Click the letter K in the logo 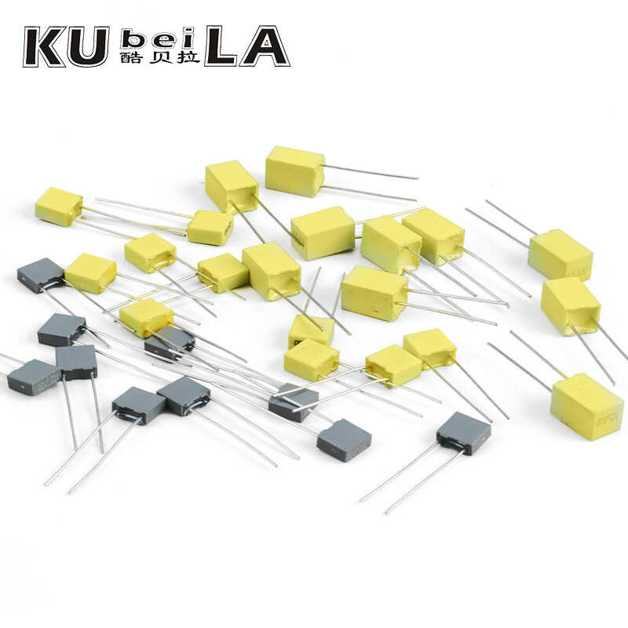point(44,46)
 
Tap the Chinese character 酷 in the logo point(132,57)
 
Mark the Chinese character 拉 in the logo point(188,57)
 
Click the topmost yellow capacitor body point(294,170)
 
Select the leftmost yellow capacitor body point(58,206)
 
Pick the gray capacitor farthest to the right point(464,433)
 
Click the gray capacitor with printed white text point(34,377)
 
